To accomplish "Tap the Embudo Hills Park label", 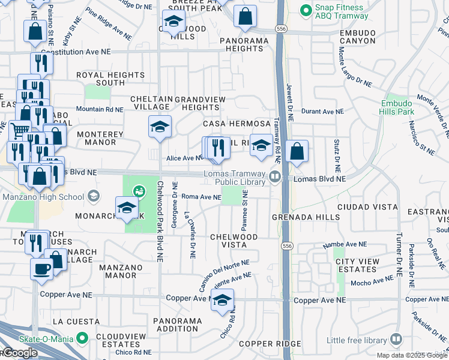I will click(x=397, y=107).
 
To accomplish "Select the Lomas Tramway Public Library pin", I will click(x=275, y=176).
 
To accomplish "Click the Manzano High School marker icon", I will click(x=94, y=196).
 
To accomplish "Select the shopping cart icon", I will click(x=20, y=130).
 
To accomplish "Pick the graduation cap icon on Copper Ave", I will click(x=222, y=299).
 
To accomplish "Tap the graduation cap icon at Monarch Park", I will click(x=127, y=208).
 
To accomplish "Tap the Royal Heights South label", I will click(x=110, y=79).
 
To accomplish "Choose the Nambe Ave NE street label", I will click(x=345, y=244).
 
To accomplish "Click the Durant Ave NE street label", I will click(x=322, y=112).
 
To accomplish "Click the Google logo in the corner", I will click(x=19, y=353).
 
